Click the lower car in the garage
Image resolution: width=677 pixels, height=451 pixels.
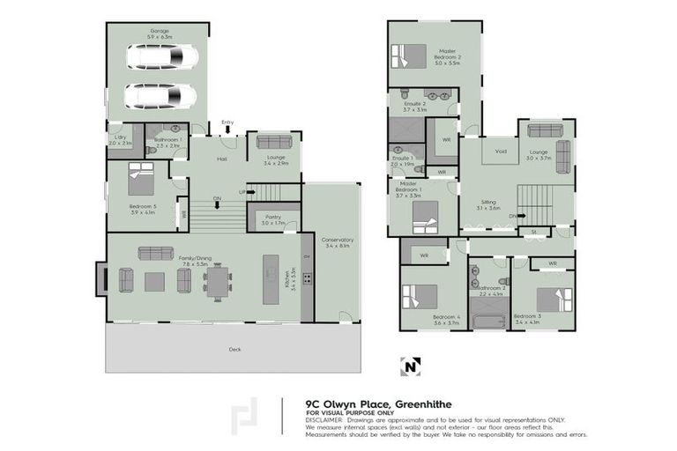click(x=160, y=95)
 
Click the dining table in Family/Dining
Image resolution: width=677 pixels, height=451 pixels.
click(x=217, y=281)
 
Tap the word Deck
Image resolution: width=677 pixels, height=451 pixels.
click(x=234, y=350)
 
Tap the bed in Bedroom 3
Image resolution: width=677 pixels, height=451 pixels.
click(x=554, y=299)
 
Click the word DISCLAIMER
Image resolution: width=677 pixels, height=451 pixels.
click(x=325, y=420)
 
